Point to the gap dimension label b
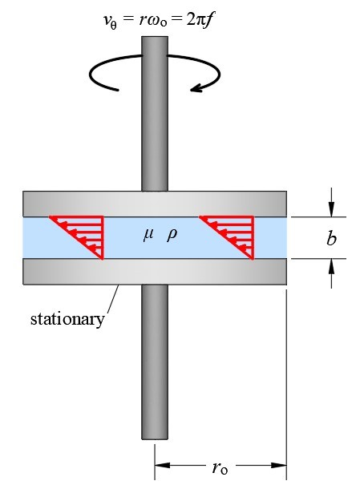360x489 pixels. [x=332, y=237]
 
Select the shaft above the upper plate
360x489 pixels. [x=155, y=120]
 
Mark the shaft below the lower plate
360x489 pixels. [x=155, y=361]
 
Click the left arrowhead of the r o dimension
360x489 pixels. [x=160, y=464]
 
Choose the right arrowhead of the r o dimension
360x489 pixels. [x=281, y=464]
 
